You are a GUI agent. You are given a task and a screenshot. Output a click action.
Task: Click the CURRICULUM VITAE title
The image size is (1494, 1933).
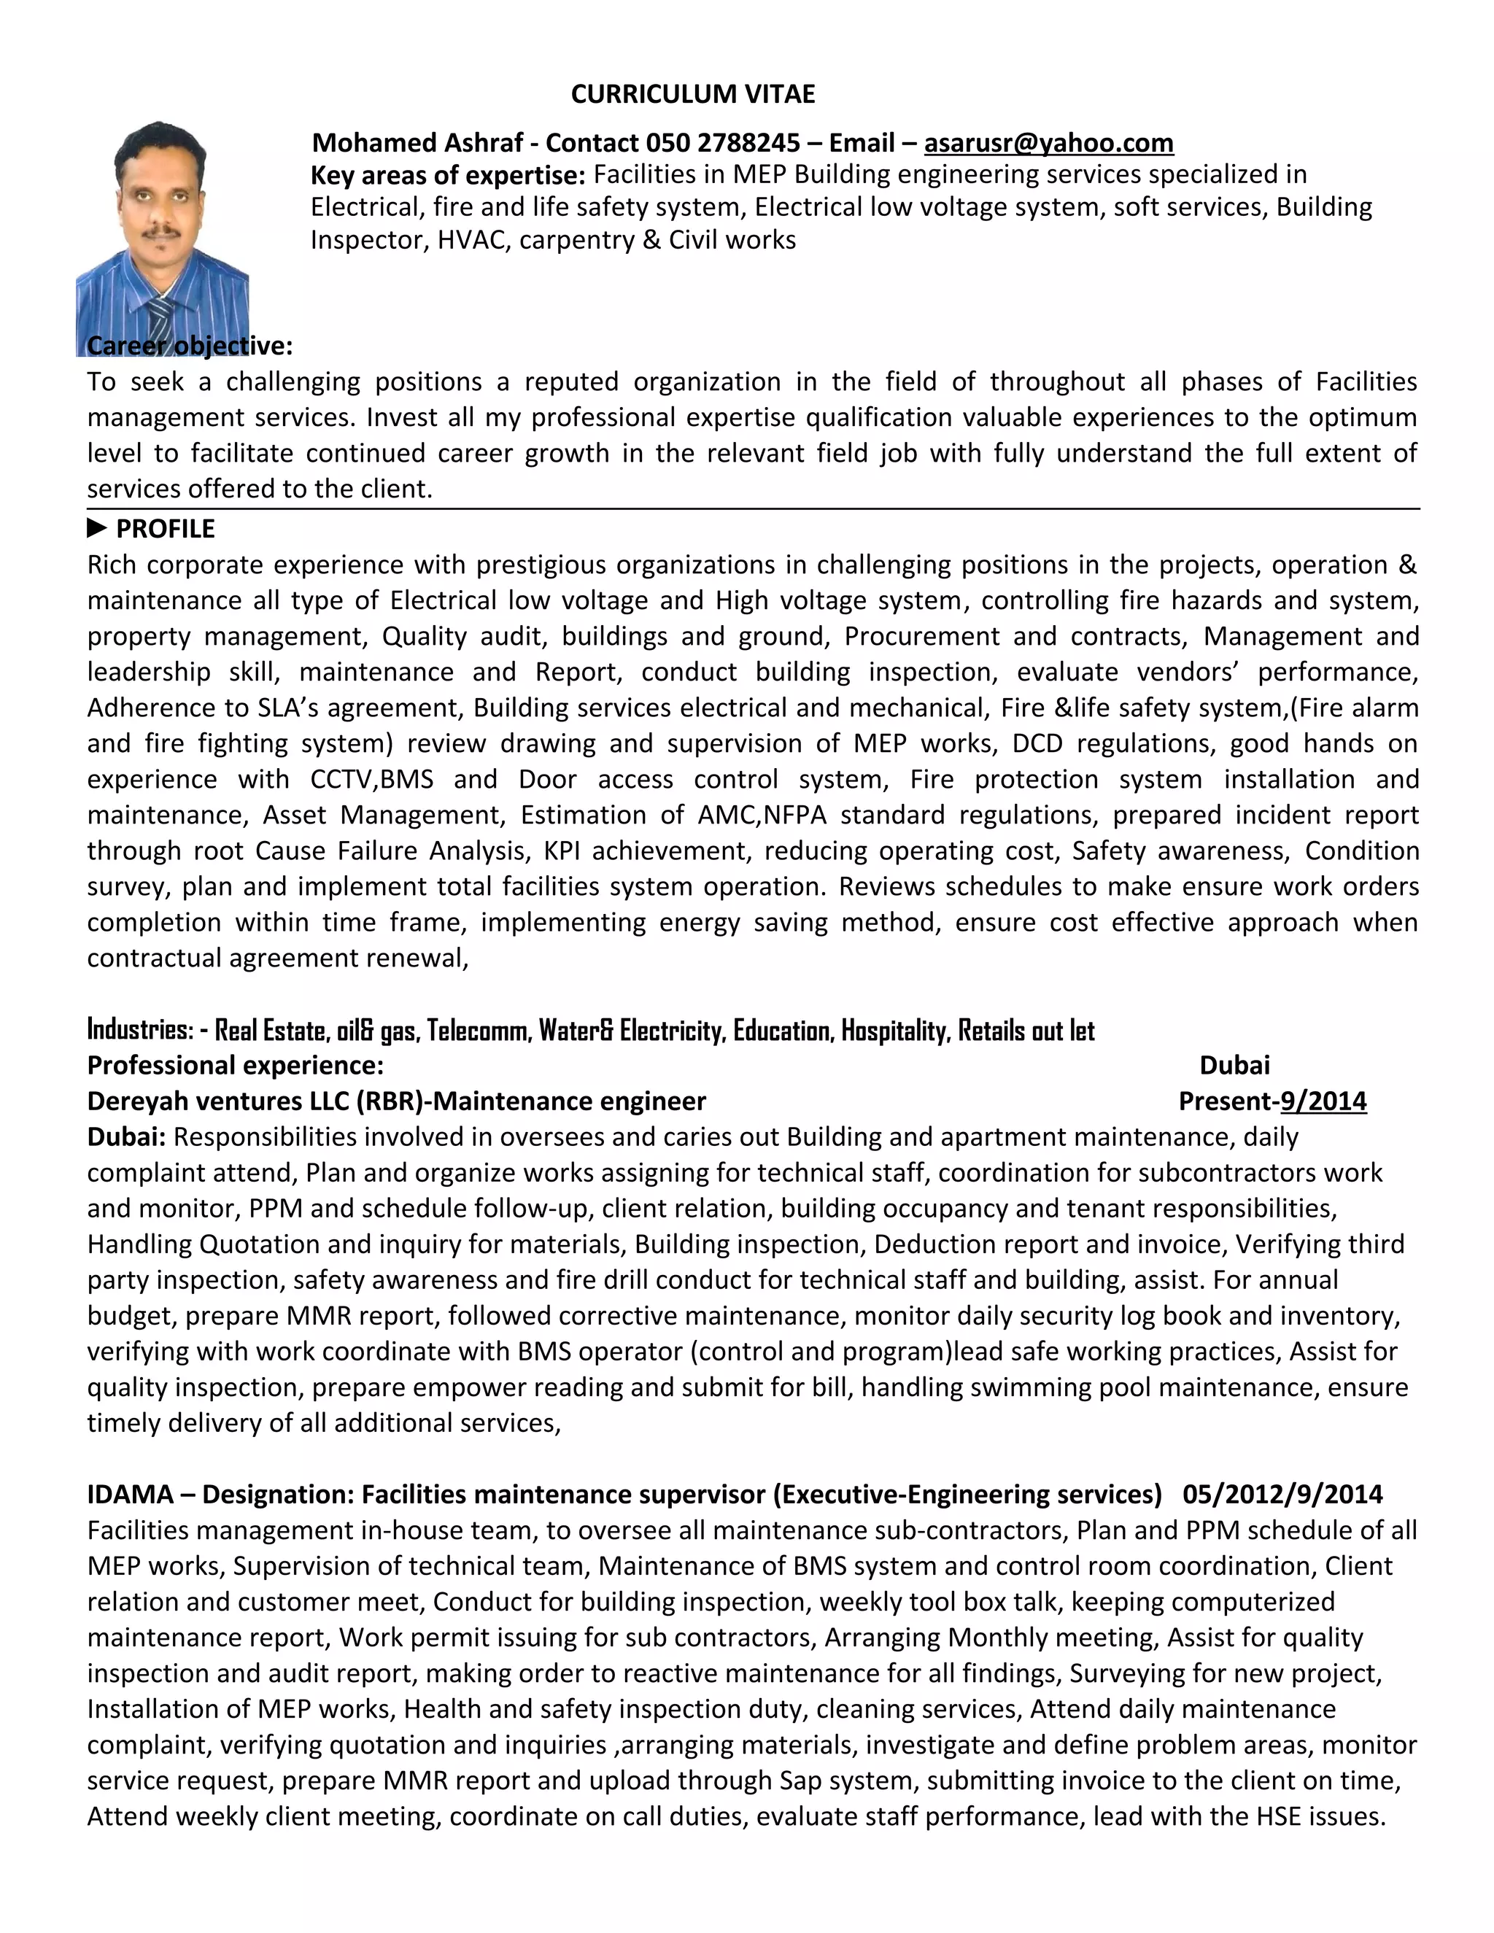(692, 94)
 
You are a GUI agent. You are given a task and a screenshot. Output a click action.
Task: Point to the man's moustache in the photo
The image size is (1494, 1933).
(163, 232)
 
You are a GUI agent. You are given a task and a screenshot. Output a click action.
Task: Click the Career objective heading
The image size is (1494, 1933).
(190, 345)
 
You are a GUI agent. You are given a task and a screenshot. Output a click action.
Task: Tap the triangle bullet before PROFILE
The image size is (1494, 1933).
(96, 528)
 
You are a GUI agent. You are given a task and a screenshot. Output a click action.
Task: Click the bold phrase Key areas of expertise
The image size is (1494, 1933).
(447, 175)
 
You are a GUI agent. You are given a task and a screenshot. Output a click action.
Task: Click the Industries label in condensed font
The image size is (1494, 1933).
(139, 1029)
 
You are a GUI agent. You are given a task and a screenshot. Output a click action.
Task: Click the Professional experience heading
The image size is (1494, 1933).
(236, 1065)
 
